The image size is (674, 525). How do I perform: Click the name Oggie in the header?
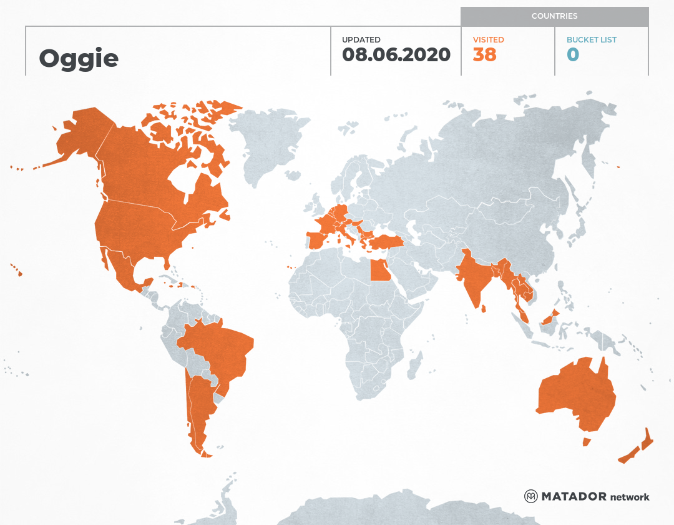point(79,58)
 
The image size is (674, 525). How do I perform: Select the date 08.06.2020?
point(396,54)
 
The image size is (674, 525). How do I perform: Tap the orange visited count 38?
point(484,54)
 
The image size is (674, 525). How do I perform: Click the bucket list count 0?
point(573,54)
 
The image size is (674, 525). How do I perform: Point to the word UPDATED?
point(361,40)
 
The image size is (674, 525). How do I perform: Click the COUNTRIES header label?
point(554,16)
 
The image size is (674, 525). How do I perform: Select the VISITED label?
point(488,40)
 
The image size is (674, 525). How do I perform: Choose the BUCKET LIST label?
point(591,40)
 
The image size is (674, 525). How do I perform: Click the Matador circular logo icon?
point(530,496)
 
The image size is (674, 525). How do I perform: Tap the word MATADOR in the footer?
point(574,497)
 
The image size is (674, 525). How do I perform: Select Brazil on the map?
point(218,350)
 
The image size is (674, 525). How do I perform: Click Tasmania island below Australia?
point(587,442)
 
